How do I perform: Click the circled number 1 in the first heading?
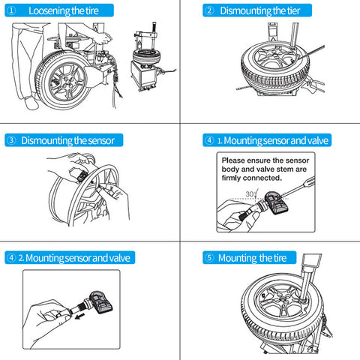click(11, 10)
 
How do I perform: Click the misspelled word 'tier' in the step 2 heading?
click(293, 10)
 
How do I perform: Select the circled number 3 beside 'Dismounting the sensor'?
click(11, 140)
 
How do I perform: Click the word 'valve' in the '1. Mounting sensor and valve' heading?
click(318, 140)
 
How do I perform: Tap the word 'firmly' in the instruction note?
click(231, 178)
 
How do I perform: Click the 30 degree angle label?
click(250, 193)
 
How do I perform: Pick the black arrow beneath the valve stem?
click(79, 317)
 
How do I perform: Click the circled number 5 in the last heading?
click(209, 257)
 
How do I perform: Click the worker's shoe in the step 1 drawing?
click(31, 103)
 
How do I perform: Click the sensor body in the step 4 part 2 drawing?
click(100, 302)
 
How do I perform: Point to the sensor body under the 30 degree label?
click(276, 202)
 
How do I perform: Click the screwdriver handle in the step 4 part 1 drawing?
click(309, 181)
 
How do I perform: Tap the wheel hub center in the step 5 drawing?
click(283, 299)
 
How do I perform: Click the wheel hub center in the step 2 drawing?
click(276, 54)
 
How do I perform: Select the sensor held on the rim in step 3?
click(82, 176)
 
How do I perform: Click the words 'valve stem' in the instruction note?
click(274, 169)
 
